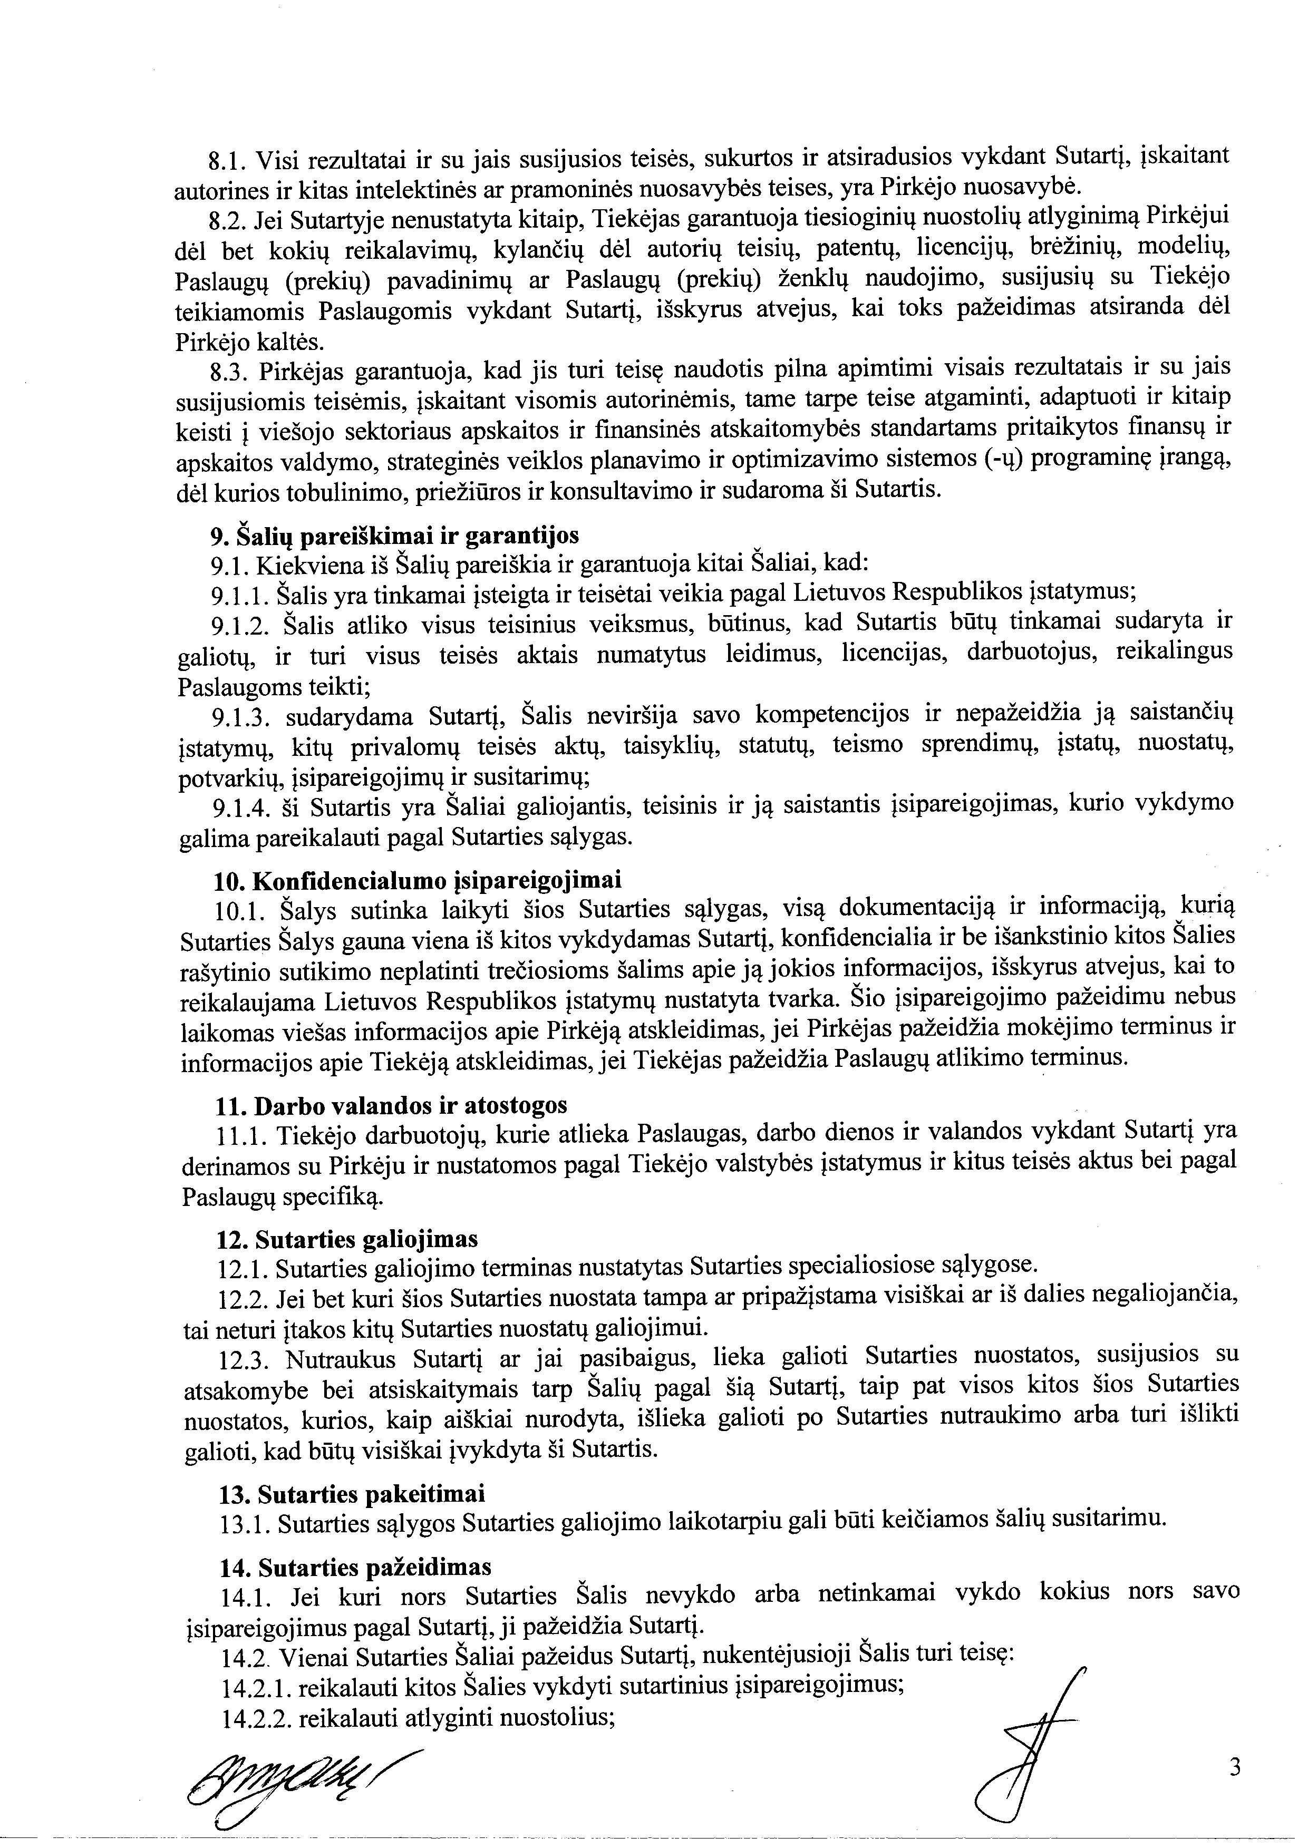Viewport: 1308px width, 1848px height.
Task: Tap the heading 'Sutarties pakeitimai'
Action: pos(352,1494)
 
